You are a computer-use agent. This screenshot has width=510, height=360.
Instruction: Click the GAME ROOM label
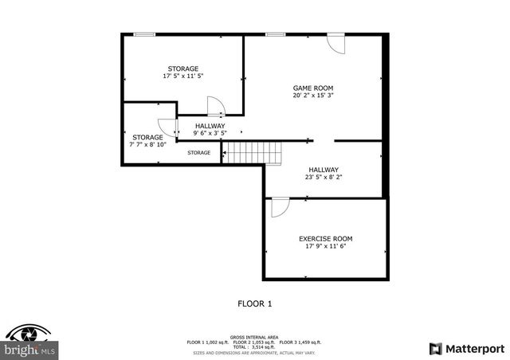click(312, 88)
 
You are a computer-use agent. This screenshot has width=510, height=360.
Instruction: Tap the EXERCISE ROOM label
click(325, 238)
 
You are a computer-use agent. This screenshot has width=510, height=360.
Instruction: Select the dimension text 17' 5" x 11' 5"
click(182, 76)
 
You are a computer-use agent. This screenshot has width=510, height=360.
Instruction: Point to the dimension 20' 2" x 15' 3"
click(312, 96)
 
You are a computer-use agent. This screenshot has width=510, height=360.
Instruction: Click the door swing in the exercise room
click(280, 208)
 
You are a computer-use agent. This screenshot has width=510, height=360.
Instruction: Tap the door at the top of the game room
click(335, 43)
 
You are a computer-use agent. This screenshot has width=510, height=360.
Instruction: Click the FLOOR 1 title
click(255, 303)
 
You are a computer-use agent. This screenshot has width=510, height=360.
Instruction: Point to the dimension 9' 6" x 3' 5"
click(210, 134)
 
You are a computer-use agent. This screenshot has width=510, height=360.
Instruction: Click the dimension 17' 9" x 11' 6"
click(325, 246)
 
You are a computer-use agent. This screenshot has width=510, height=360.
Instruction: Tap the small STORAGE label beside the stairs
click(199, 152)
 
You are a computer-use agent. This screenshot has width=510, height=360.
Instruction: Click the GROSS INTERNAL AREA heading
click(254, 336)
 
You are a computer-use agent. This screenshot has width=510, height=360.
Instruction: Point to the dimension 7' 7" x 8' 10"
click(148, 145)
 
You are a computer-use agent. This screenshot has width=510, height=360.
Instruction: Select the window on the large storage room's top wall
click(144, 34)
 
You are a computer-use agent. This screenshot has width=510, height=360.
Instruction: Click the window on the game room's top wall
click(276, 34)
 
